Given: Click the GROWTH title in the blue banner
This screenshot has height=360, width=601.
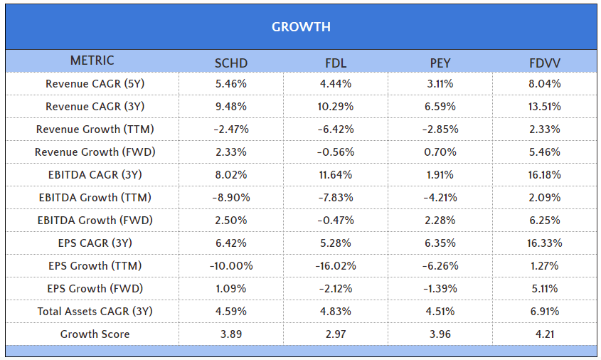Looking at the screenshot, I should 301,27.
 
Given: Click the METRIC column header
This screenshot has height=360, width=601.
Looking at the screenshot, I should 92,60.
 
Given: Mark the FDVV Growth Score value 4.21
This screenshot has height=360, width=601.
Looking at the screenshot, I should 544,334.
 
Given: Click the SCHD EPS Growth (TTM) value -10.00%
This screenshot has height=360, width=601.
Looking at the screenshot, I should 231,266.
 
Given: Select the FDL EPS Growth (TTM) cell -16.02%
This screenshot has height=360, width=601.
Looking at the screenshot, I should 335,266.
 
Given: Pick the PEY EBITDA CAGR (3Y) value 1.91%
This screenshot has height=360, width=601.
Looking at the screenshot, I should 440,175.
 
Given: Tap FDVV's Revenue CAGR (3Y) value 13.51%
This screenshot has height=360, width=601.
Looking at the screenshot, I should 544,107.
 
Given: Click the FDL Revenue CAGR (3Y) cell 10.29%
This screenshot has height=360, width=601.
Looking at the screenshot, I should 335,107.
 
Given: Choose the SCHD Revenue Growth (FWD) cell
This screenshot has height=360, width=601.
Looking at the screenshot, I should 231,152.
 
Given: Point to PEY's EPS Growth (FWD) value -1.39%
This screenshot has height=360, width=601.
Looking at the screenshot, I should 440,289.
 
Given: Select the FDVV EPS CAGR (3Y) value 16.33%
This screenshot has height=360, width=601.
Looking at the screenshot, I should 544,243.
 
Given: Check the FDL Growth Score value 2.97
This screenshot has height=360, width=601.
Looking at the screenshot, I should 335,334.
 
